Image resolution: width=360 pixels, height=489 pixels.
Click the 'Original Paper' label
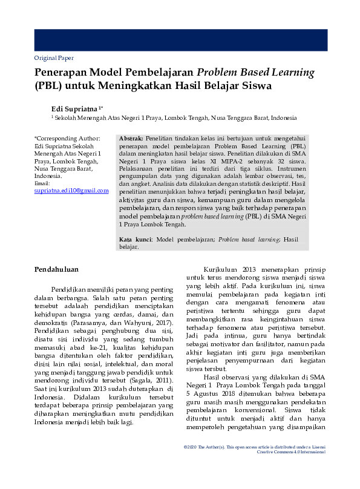54,58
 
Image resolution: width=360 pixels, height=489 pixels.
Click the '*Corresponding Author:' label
67,139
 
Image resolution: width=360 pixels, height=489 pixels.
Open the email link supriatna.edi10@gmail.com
71,190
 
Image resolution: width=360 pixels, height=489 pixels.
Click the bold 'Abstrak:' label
131,139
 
